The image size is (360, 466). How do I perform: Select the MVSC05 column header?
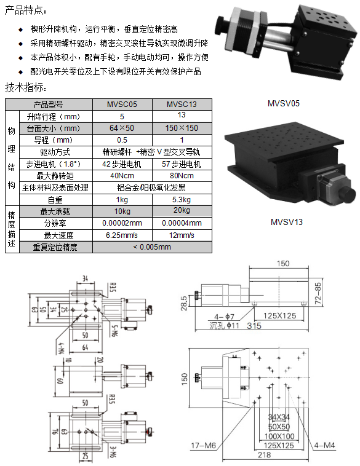(x=122, y=105)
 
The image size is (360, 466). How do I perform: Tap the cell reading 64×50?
(x=122, y=128)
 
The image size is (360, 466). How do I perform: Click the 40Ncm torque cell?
(x=122, y=176)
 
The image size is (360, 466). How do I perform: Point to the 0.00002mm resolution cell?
(x=122, y=223)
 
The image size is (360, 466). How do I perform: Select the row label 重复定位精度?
(x=55, y=247)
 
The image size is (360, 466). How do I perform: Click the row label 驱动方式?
(x=55, y=152)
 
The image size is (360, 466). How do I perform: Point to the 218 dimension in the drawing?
(x=263, y=455)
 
